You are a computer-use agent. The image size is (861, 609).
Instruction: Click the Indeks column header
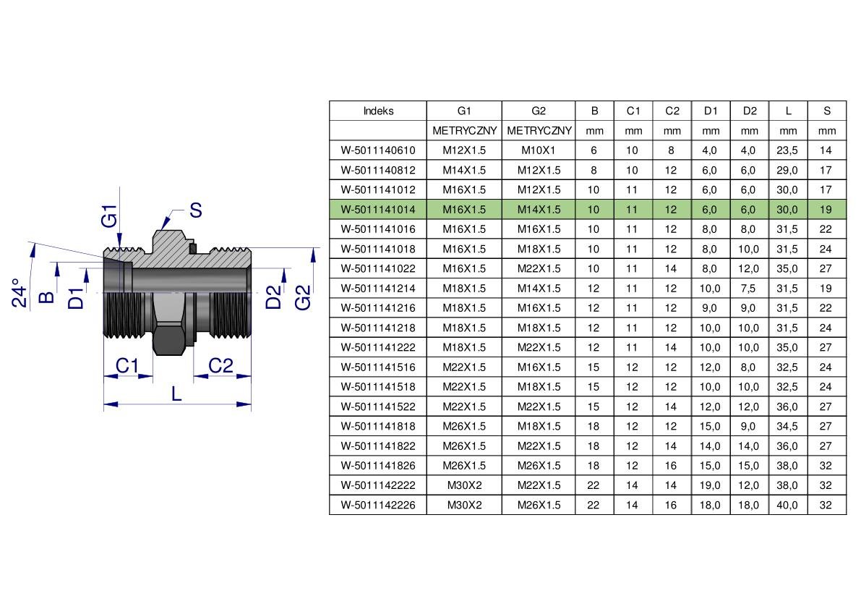(x=378, y=111)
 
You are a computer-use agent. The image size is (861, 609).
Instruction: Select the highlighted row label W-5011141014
(x=378, y=209)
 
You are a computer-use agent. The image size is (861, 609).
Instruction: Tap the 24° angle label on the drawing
(x=20, y=293)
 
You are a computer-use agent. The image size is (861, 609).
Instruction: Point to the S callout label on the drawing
(x=195, y=210)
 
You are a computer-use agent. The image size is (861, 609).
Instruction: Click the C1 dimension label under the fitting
(x=127, y=365)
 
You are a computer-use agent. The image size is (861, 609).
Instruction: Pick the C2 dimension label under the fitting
(x=220, y=365)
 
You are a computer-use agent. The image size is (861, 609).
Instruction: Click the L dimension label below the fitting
(x=176, y=393)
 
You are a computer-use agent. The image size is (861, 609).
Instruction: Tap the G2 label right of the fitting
(x=303, y=297)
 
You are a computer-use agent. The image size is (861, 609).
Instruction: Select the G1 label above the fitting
(x=110, y=216)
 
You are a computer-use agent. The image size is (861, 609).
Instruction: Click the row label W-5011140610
(x=378, y=150)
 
